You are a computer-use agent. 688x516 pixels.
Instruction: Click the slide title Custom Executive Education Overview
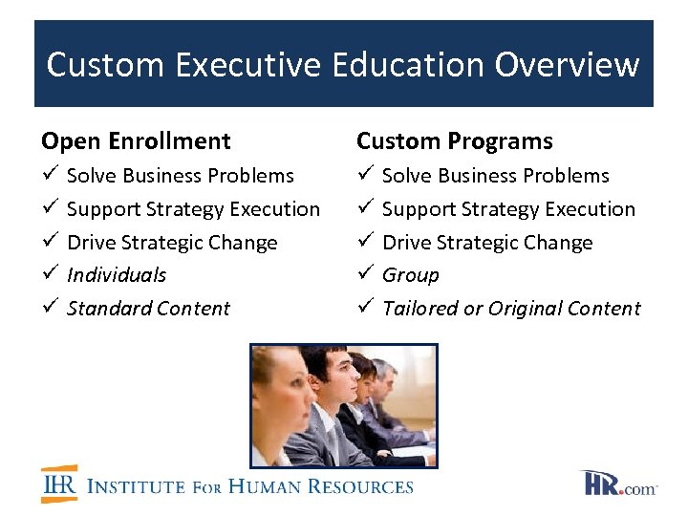tap(343, 65)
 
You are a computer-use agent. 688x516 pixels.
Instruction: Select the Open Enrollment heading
tap(136, 141)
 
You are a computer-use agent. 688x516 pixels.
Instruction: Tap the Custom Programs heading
tap(454, 141)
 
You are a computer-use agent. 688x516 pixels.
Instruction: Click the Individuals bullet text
tap(117, 275)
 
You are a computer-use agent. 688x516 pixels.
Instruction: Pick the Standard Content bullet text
tap(148, 309)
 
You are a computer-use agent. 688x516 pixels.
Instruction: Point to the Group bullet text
tap(411, 275)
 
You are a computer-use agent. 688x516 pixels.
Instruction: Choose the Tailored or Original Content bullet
tap(511, 309)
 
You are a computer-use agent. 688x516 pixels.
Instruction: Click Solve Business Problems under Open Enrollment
tap(181, 176)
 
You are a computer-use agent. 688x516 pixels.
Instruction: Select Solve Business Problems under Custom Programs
tap(495, 176)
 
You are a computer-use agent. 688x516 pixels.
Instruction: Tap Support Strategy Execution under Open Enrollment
tap(193, 209)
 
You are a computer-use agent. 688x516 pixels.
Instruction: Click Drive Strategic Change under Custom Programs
tap(487, 243)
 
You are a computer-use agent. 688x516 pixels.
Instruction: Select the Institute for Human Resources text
tap(250, 486)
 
